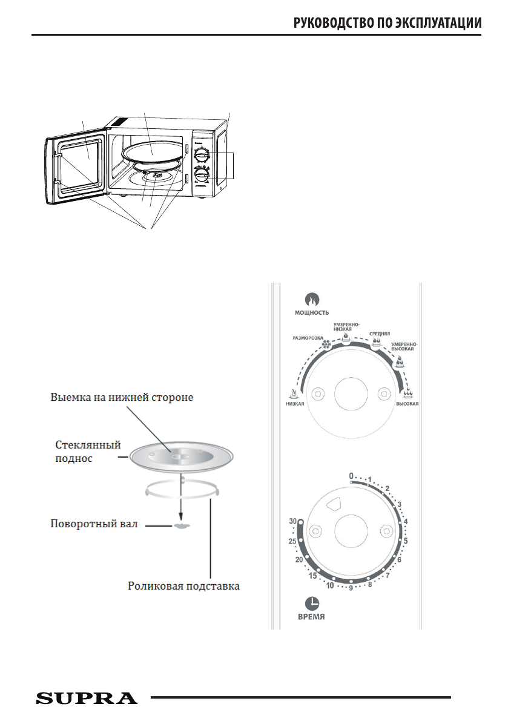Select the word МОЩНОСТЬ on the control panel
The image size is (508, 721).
tap(312, 313)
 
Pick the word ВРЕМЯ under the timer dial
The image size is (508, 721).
tap(312, 617)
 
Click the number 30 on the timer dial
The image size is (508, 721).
tap(293, 521)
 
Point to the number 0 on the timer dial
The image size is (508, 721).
tap(351, 476)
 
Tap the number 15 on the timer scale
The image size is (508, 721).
tap(312, 576)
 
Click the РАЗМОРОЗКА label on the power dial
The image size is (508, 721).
tap(306, 339)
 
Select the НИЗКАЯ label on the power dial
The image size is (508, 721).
tap(295, 403)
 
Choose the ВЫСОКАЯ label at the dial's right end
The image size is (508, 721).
tap(407, 403)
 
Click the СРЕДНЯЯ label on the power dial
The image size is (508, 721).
tap(380, 334)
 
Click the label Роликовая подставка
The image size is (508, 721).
tap(183, 585)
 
